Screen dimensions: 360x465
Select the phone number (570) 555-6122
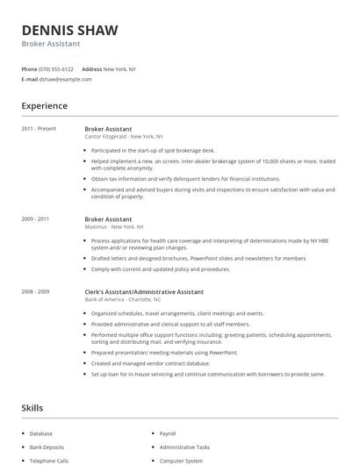56,68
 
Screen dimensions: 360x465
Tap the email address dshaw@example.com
65,79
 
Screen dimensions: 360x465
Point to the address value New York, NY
119,68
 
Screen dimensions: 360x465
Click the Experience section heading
44,106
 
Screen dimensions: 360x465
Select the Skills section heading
32,408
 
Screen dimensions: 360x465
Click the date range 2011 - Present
39,129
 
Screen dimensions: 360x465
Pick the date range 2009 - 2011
35,219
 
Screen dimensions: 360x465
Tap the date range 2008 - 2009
35,291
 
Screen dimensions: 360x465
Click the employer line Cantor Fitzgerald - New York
124,137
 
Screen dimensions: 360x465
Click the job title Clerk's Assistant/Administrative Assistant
144,291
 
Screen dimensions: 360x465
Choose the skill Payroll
168,433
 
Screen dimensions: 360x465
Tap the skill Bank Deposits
47,447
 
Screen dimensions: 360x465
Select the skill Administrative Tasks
184,447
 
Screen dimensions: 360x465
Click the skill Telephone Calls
48,460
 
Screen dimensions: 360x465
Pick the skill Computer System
181,460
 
